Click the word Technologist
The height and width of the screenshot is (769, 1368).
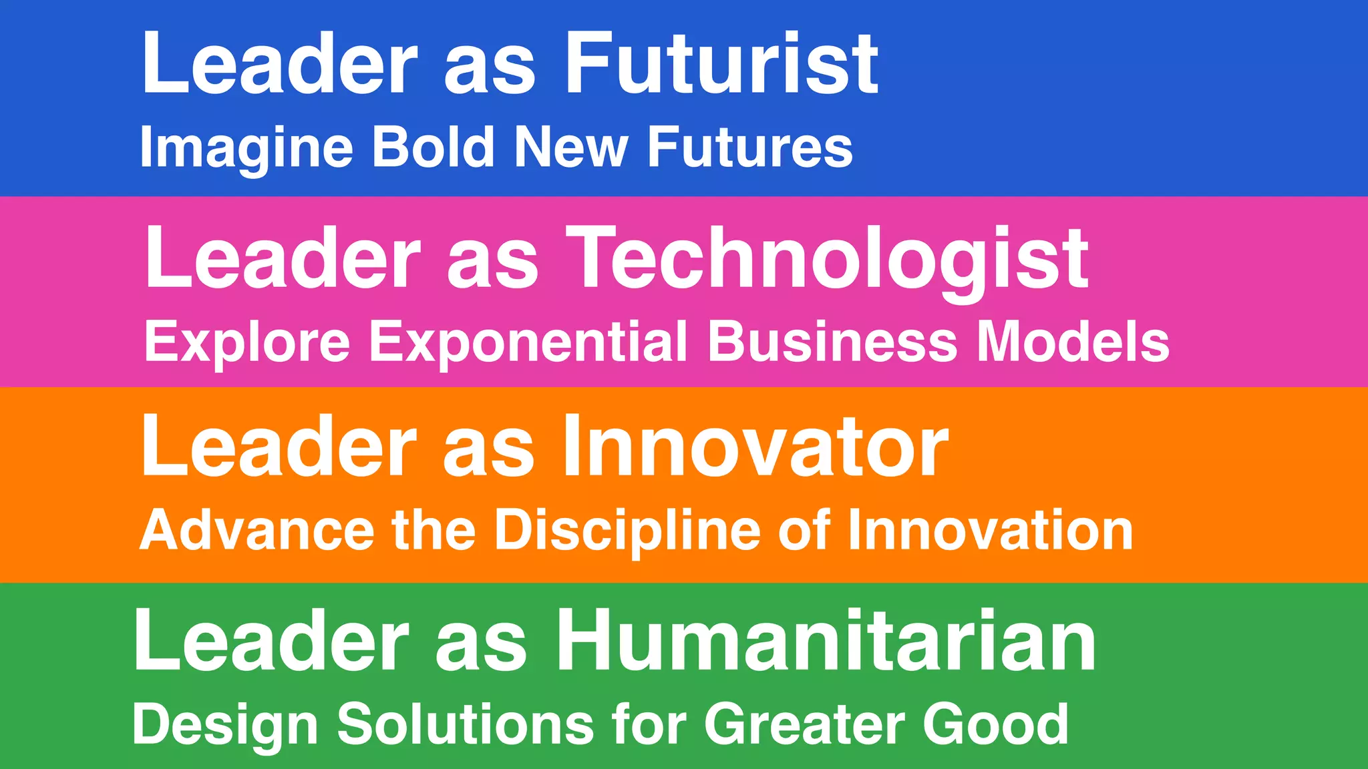click(x=831, y=259)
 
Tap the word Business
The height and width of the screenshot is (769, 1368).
click(x=832, y=341)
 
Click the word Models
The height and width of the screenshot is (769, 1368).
click(x=1073, y=341)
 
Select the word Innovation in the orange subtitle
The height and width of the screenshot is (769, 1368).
click(x=990, y=531)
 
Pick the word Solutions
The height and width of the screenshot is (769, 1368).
click(x=466, y=724)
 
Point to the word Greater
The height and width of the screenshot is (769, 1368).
click(x=804, y=724)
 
